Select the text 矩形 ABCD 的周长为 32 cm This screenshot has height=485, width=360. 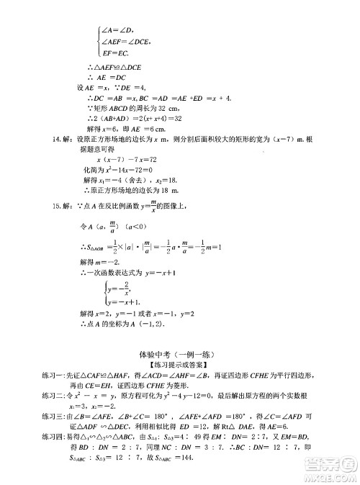tap(130, 107)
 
